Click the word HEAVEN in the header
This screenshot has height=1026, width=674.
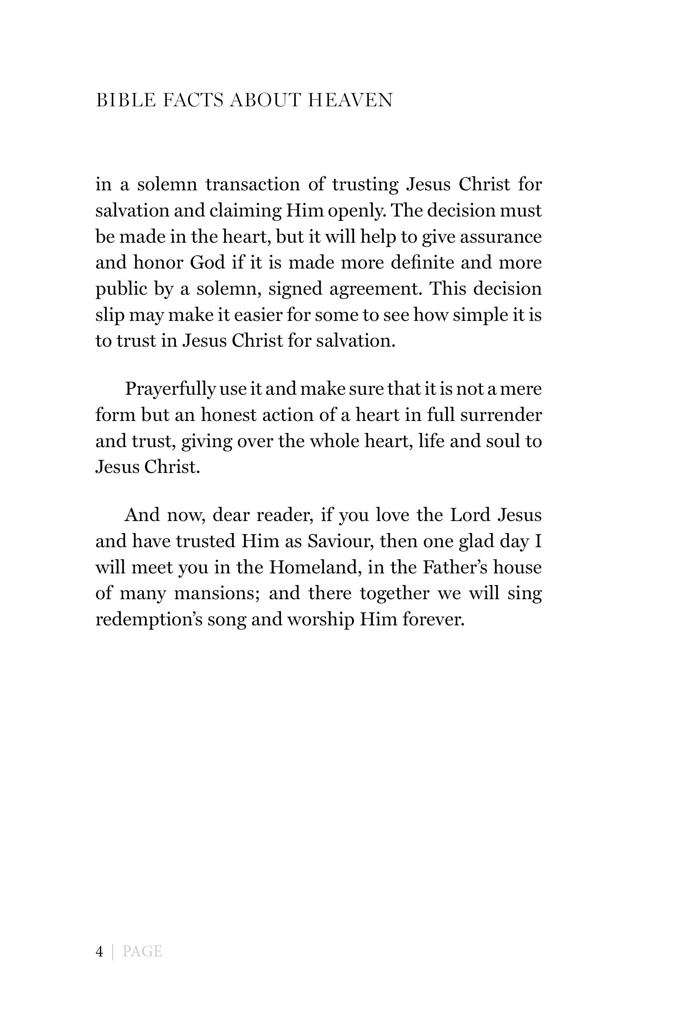point(350,100)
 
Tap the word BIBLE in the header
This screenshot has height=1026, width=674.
point(125,100)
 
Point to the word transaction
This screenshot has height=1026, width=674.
point(252,184)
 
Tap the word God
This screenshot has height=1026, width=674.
point(207,263)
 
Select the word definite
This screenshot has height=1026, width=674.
point(422,263)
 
